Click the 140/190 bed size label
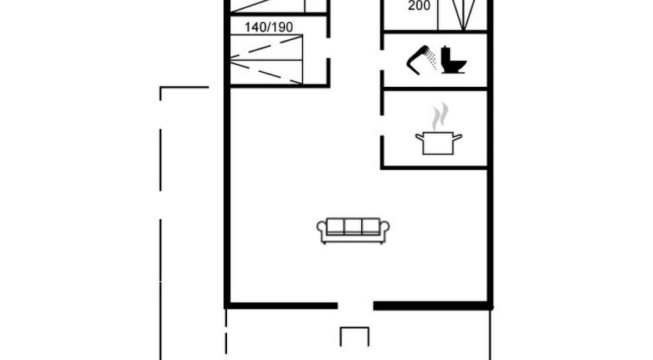pyautogui.click(x=269, y=27)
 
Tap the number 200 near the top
pyautogui.click(x=419, y=5)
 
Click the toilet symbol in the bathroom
pyautogui.click(x=453, y=60)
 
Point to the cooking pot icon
pyautogui.click(x=438, y=143)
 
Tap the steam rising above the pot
pyautogui.click(x=440, y=116)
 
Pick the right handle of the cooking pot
pyautogui.click(x=458, y=137)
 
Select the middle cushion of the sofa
pyautogui.click(x=353, y=226)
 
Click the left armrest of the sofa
pyautogui.click(x=322, y=231)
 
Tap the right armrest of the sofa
pyautogui.click(x=384, y=231)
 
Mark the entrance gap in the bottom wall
pyautogui.click(x=355, y=306)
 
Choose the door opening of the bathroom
pyautogui.click(x=382, y=59)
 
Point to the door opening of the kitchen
pyautogui.click(x=382, y=125)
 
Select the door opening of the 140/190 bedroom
pyautogui.click(x=328, y=48)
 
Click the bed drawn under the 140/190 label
pyautogui.click(x=266, y=59)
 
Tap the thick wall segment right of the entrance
pyautogui.click(x=433, y=306)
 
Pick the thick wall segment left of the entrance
pyautogui.click(x=281, y=306)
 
